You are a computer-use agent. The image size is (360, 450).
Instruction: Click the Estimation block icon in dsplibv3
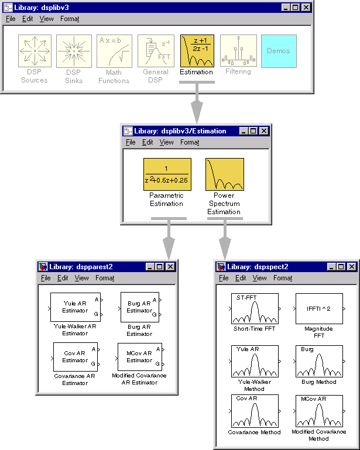197,51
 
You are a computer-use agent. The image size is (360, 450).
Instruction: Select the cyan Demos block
279,51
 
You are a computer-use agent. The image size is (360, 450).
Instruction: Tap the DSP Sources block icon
35,51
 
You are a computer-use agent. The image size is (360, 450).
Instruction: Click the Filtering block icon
238,51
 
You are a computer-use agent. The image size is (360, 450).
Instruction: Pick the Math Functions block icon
114,51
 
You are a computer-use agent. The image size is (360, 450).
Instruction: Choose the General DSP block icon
156,51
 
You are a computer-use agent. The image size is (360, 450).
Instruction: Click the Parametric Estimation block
167,174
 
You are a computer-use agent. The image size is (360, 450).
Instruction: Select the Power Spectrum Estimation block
225,174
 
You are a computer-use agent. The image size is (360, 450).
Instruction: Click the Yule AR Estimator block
75,307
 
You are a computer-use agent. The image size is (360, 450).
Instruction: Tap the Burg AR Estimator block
139,307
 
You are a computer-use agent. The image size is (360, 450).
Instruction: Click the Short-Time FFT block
255,309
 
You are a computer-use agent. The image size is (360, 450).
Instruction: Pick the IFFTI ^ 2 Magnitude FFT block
319,309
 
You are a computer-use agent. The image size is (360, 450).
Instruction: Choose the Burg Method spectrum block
319,361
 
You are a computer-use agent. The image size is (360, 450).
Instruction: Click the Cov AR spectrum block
255,412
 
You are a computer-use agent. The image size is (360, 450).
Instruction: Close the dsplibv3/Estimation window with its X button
264,131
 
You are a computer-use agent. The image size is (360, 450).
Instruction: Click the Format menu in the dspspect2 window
283,278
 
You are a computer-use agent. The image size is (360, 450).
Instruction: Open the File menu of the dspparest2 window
45,278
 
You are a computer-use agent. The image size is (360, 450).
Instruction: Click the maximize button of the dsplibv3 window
295,7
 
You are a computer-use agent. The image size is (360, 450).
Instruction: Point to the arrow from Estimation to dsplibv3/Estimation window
197,105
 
